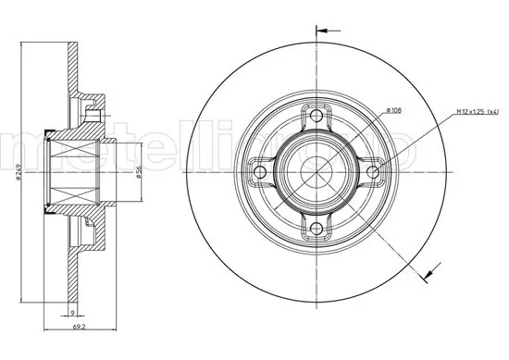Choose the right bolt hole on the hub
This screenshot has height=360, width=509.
coord(374,172)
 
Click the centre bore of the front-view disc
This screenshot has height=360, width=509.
coord(317,172)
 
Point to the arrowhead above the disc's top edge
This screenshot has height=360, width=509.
coord(322,30)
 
